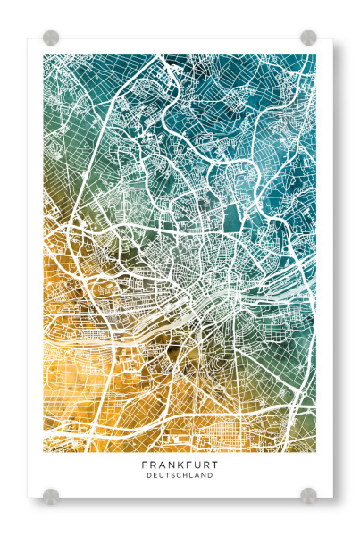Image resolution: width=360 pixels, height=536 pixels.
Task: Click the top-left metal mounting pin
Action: click(51, 38)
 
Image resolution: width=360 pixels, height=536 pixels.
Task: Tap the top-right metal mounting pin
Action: click(308, 38)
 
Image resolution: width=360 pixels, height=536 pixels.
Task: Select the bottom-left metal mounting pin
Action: click(51, 494)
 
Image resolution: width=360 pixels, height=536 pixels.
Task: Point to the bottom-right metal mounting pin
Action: click(308, 494)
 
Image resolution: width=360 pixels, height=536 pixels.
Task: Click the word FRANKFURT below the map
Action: click(180, 465)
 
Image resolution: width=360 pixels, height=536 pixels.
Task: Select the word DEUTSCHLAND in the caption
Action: click(180, 475)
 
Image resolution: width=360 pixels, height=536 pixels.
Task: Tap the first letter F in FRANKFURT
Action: click(144, 465)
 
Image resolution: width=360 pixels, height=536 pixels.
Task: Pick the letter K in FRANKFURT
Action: click(179, 465)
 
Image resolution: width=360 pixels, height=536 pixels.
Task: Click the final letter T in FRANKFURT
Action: click(215, 465)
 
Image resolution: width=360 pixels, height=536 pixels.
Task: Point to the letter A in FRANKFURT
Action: click(161, 465)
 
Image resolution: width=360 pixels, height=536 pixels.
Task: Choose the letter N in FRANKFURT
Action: click(170, 465)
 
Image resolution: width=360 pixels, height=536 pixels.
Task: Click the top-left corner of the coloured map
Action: click(44, 55)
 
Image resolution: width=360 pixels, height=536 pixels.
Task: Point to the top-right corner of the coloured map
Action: click(315, 55)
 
